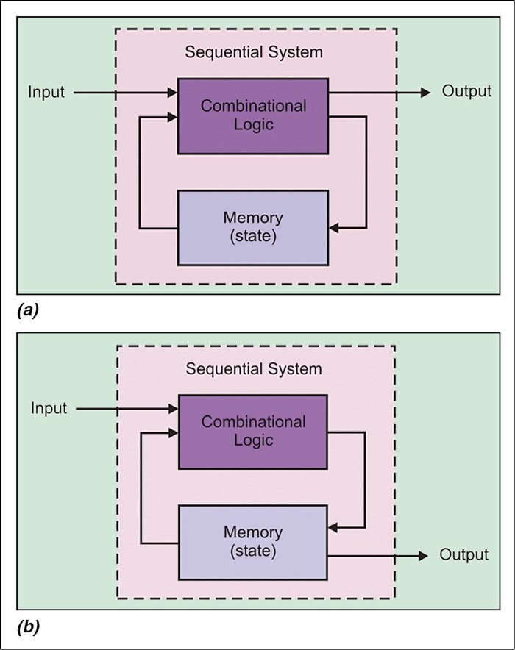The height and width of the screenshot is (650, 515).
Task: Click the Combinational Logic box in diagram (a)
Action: [253, 115]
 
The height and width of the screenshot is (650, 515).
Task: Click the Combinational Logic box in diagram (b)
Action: [253, 431]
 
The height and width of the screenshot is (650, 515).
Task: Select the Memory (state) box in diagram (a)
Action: [253, 227]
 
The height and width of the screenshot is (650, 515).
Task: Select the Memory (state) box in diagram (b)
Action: [253, 543]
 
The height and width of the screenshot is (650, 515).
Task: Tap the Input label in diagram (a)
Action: [46, 93]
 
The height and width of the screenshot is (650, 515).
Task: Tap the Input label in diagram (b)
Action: [49, 408]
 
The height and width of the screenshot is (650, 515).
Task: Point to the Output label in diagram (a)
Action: [466, 92]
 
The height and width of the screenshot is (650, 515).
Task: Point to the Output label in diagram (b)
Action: [464, 555]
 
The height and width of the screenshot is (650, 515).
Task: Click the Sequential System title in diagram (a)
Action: [254, 53]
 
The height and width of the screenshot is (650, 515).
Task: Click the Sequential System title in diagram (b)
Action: [254, 369]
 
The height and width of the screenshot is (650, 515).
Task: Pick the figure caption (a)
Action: [27, 311]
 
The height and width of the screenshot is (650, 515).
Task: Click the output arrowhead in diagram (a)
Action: [425, 93]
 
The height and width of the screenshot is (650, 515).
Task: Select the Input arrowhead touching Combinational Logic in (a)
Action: [173, 93]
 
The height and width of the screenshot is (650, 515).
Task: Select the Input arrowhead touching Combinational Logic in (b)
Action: [173, 408]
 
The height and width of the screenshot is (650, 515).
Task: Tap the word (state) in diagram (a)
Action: [253, 236]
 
